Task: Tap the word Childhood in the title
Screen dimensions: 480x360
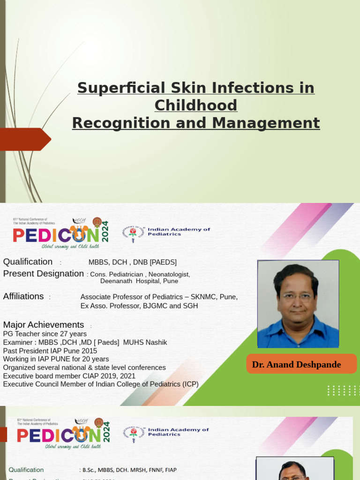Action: (196, 105)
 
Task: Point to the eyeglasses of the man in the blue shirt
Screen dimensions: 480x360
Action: (297, 296)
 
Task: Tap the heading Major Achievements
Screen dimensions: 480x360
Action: (44, 325)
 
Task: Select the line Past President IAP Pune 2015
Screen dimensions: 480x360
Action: (50, 351)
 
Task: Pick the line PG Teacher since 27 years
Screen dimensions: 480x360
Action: (45, 334)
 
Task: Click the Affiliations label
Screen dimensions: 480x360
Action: (23, 296)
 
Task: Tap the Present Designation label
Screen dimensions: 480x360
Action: (44, 274)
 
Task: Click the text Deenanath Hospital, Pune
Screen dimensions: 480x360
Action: (139, 281)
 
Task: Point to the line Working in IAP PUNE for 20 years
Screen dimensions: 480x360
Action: (56, 359)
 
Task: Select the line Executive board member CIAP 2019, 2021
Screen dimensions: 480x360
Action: (69, 376)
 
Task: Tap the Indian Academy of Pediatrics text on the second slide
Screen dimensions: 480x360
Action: (179, 232)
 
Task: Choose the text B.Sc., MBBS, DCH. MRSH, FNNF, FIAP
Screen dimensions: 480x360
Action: (129, 470)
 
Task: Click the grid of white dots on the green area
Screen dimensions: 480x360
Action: (344, 390)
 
